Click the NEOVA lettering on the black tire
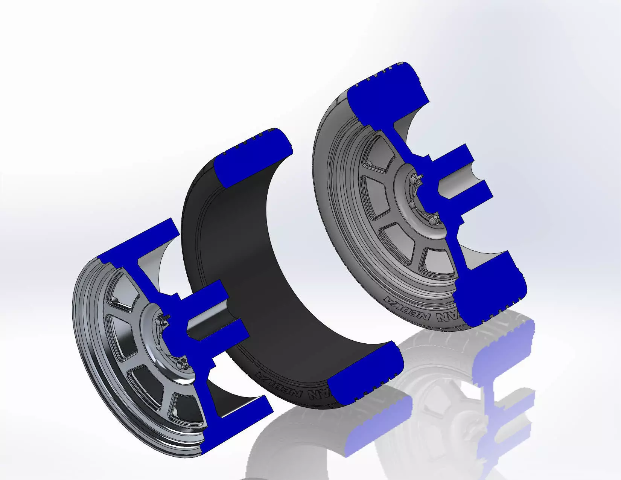tap(290, 388)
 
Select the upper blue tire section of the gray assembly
tap(384, 98)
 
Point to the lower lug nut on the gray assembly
tap(433, 220)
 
